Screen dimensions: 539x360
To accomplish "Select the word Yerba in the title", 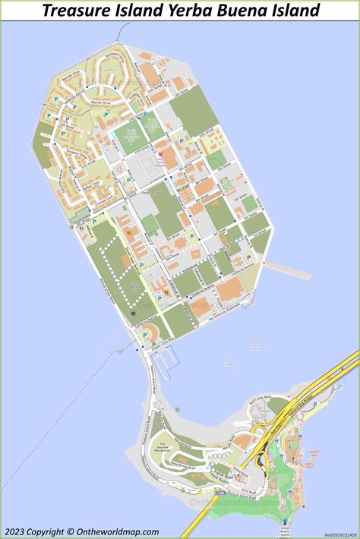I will pos(192,11).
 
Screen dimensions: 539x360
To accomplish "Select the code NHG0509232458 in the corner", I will pos(339,534).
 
